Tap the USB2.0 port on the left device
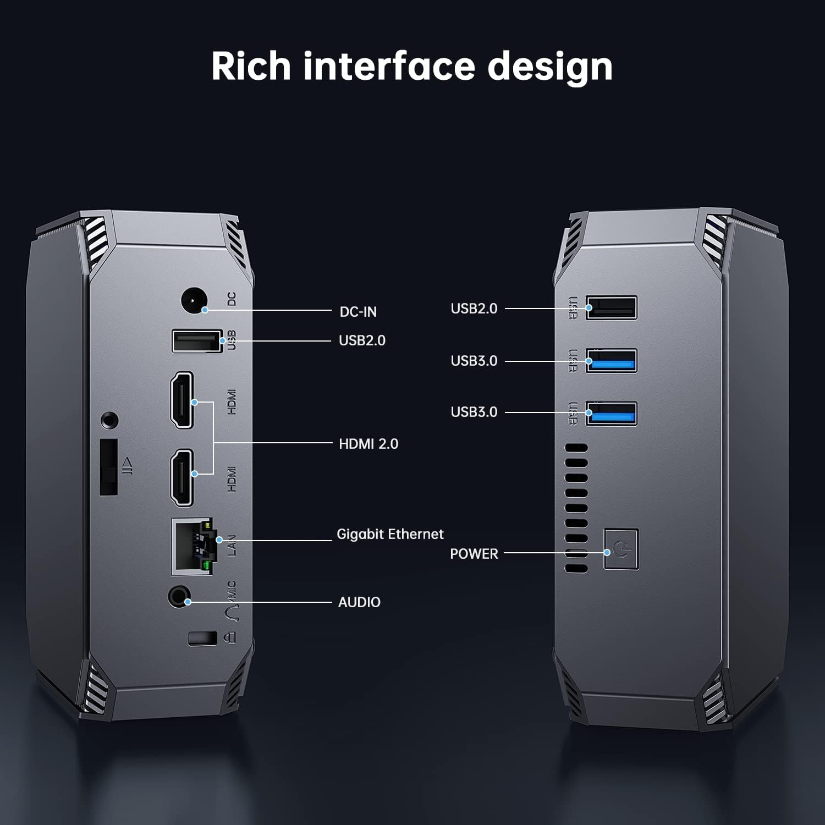(x=196, y=341)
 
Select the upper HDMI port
(x=182, y=400)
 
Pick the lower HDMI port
(x=182, y=477)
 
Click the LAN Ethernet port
(x=192, y=546)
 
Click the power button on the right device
(x=621, y=549)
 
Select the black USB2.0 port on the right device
(x=611, y=307)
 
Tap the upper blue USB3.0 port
(x=611, y=361)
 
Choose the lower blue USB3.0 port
(x=611, y=414)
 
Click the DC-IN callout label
(x=358, y=312)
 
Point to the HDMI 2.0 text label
(x=369, y=444)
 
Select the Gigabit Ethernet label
(x=390, y=534)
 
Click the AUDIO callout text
(x=359, y=602)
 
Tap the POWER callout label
(x=474, y=554)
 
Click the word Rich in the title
(x=251, y=67)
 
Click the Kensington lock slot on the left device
(x=202, y=639)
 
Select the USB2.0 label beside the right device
(x=474, y=309)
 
